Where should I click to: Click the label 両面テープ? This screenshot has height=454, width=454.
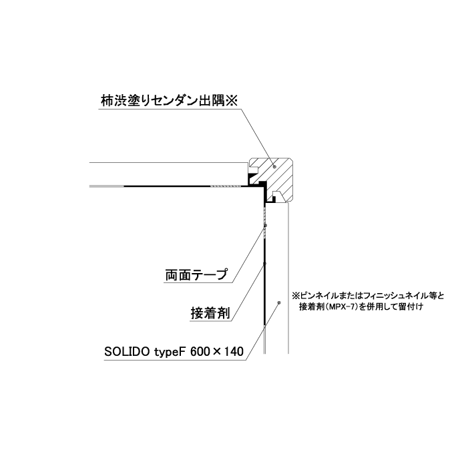point(196,274)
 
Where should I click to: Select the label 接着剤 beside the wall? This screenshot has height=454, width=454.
point(210,312)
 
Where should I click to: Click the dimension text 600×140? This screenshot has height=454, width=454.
point(217,352)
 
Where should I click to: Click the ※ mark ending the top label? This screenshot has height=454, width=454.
point(231,101)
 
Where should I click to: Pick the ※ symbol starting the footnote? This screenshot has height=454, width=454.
point(296,296)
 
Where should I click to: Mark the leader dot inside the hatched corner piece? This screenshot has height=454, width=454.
point(274,166)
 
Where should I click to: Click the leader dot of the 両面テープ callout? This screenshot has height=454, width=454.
point(266,225)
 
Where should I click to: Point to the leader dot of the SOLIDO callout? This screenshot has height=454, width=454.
point(279,302)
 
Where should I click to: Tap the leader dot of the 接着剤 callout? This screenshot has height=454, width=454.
point(264,264)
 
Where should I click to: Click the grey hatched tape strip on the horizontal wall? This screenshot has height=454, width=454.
point(225,186)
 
